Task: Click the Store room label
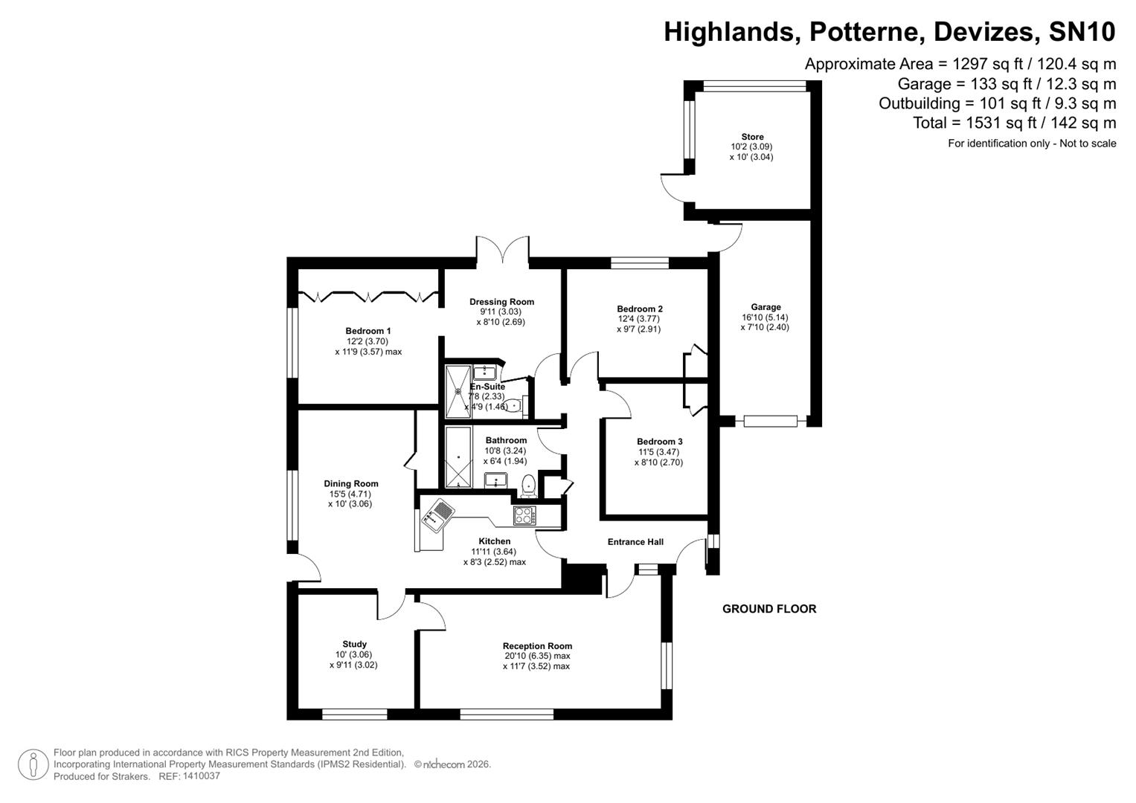click(752, 137)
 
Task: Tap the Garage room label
click(766, 307)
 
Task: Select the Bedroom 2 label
click(639, 309)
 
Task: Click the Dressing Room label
click(501, 302)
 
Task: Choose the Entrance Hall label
click(635, 542)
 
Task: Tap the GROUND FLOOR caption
click(769, 609)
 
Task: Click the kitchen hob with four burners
click(524, 515)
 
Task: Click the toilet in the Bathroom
click(528, 484)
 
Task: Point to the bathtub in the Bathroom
click(458, 457)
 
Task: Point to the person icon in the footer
click(33, 765)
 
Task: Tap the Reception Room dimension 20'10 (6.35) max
click(536, 657)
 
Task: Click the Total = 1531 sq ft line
click(1014, 123)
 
